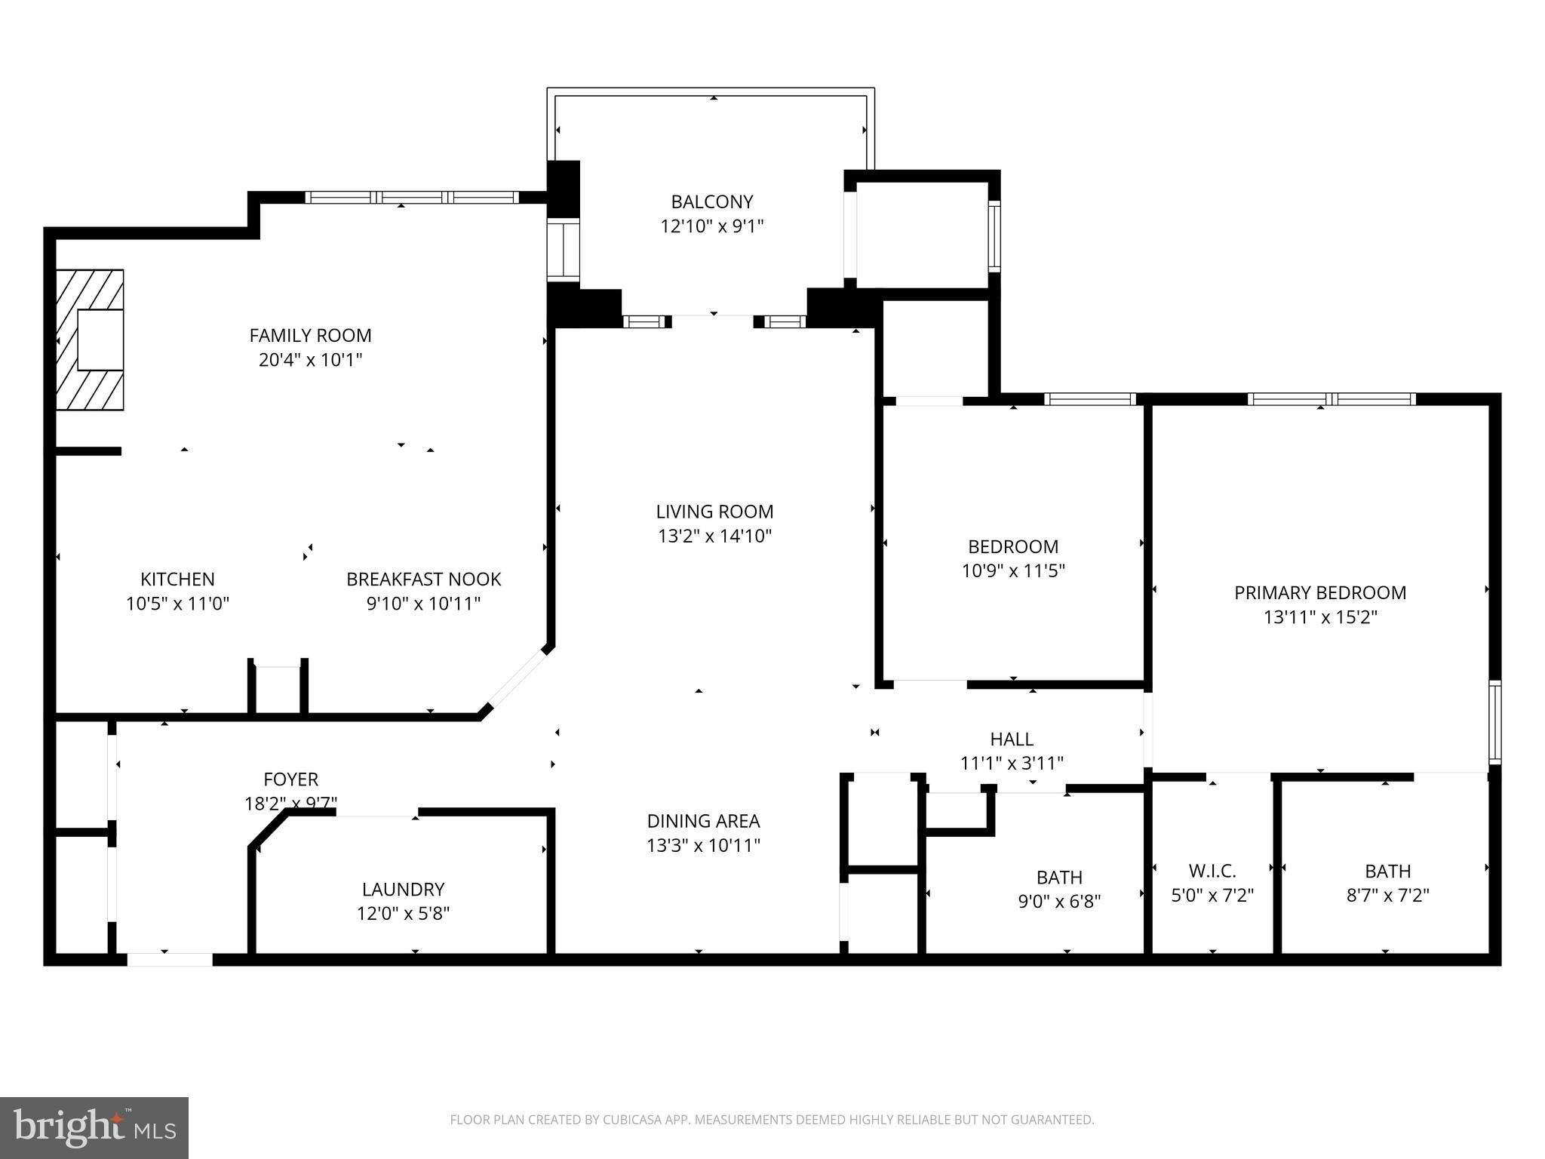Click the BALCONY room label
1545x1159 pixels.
point(712,202)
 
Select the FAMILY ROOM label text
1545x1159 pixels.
point(310,335)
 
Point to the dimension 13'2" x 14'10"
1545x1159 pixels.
point(714,536)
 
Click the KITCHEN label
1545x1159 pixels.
point(177,579)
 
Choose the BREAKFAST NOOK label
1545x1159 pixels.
point(423,579)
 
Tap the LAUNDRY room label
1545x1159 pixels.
point(403,889)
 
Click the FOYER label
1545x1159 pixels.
point(290,779)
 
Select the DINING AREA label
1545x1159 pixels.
point(703,821)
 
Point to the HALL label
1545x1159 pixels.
point(1012,739)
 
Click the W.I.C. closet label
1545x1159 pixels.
point(1212,871)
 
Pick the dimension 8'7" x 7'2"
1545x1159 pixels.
point(1387,896)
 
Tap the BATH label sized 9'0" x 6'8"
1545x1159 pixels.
point(1059,878)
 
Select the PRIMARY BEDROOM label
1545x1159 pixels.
point(1320,593)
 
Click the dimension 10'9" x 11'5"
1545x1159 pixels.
point(1013,571)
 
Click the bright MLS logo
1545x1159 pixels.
point(94,1127)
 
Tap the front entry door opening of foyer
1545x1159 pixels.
point(170,960)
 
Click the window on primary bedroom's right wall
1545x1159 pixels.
point(1494,721)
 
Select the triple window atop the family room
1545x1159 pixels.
point(412,198)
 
